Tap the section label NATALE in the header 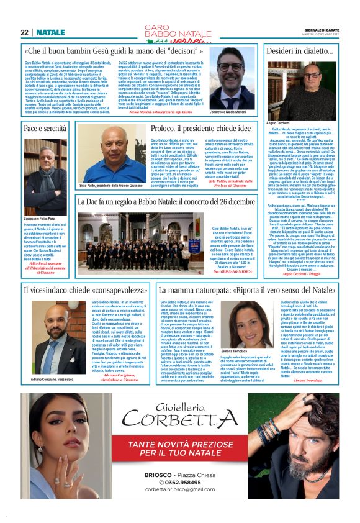tap(50, 32)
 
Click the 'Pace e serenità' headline tap(45, 128)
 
